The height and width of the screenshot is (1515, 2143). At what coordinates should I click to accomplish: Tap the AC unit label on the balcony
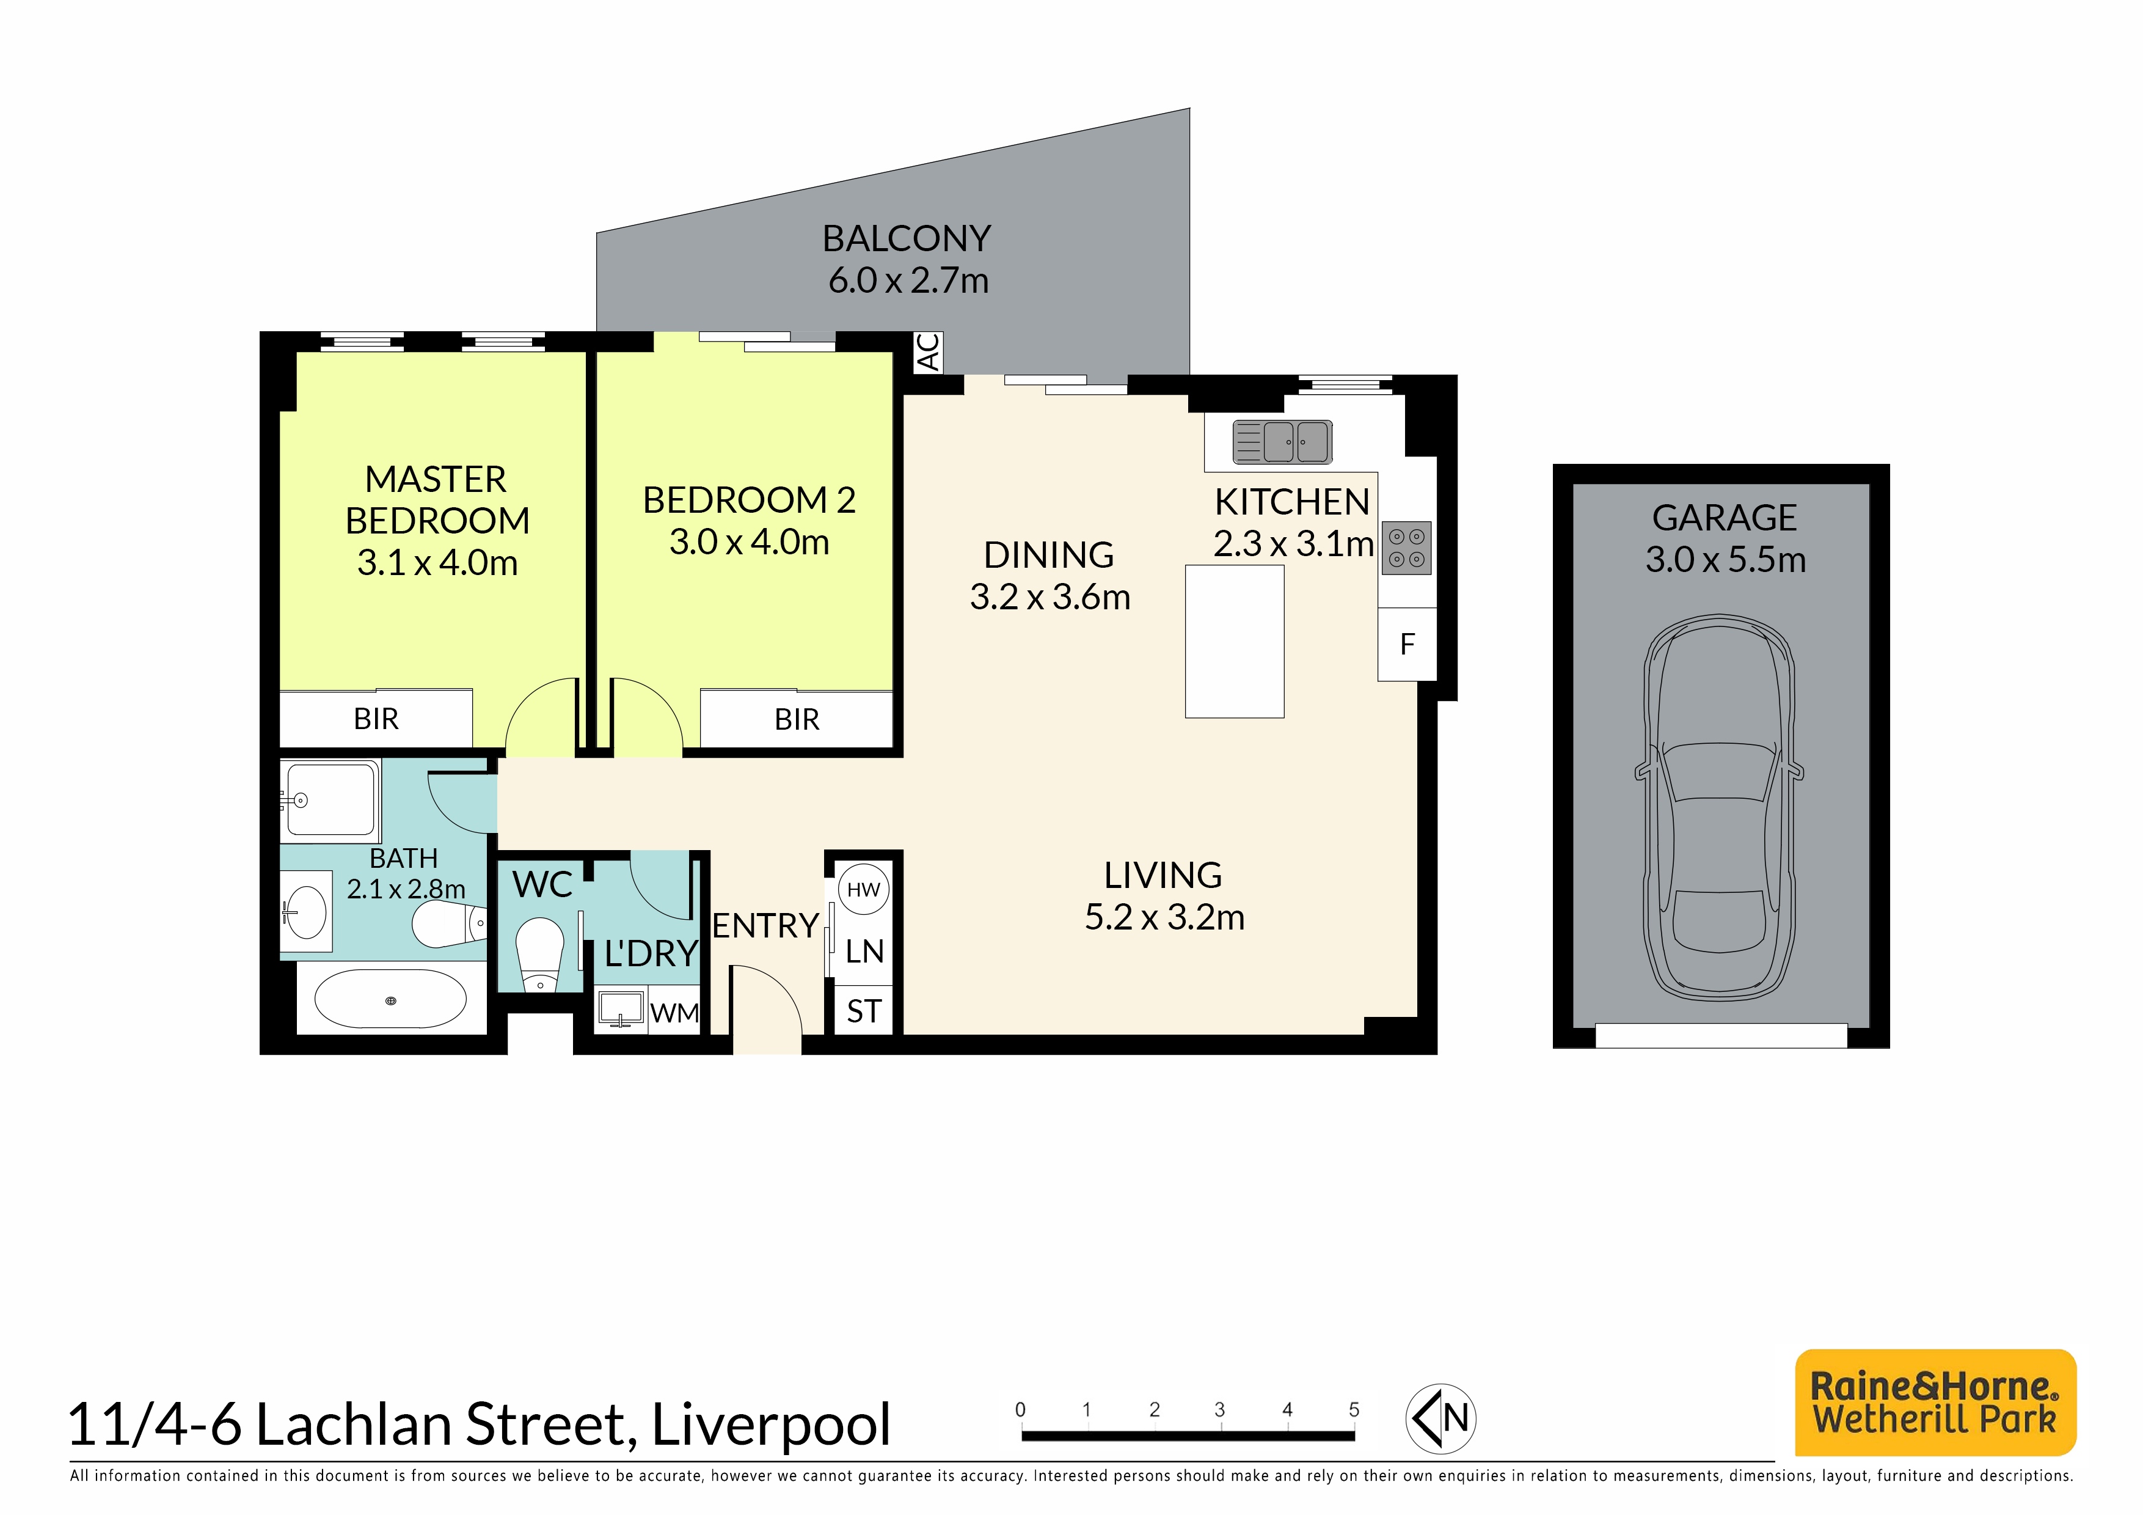coord(928,353)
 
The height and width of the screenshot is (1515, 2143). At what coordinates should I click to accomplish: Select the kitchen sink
coord(1282,441)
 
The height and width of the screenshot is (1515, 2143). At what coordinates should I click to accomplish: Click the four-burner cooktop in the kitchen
coord(1407,548)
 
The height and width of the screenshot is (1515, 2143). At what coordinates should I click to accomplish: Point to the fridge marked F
coord(1407,644)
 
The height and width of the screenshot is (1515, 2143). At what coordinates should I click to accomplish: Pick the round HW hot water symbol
coord(863,890)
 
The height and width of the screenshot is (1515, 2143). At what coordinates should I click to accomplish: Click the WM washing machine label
coord(674,1013)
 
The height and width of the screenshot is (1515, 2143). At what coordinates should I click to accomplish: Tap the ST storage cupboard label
coord(863,1011)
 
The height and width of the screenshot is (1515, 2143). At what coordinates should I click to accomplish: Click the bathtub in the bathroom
coord(390,999)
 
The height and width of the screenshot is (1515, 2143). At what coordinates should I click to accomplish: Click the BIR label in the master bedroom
coord(376,719)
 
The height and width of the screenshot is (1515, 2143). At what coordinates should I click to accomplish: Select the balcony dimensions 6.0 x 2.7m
coord(908,280)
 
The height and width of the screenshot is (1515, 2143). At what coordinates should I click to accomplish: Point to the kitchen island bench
coord(1235,641)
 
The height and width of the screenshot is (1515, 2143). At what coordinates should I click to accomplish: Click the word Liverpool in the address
coord(771,1425)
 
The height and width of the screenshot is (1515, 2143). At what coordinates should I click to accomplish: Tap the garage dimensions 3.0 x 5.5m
coord(1726,559)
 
